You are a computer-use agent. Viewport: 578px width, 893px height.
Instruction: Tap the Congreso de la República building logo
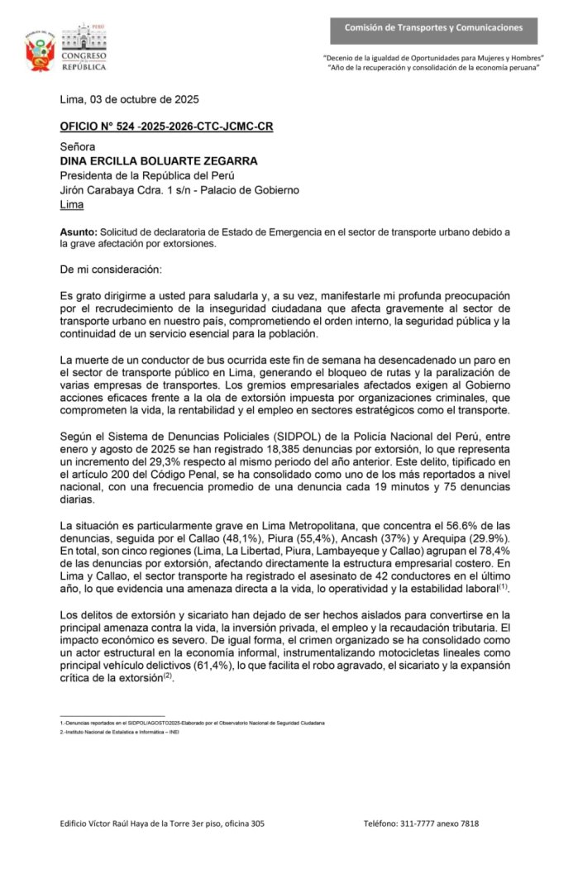tap(84, 48)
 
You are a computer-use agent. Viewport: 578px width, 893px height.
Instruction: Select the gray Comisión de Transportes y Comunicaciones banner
tap(433, 28)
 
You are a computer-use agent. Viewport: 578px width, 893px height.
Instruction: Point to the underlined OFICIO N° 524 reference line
tap(166, 127)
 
